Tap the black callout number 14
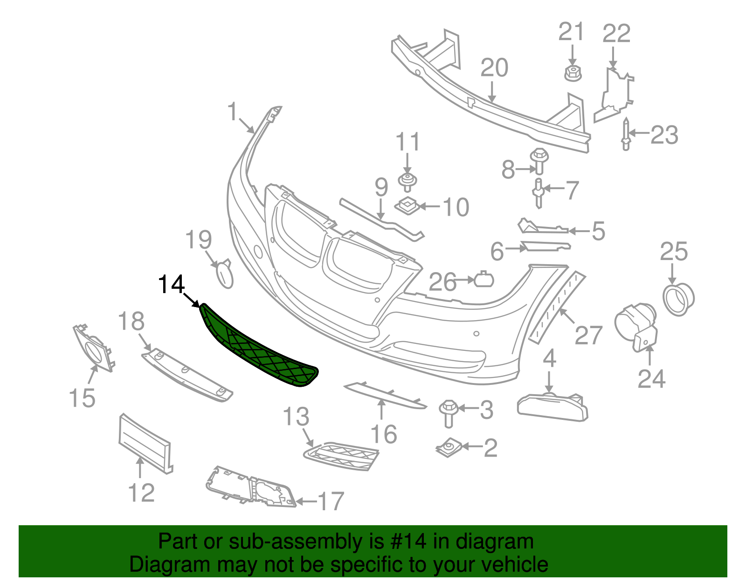click(x=172, y=284)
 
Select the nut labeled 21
click(x=573, y=74)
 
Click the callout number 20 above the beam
click(x=494, y=68)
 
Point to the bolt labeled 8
click(x=539, y=161)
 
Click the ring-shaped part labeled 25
click(x=678, y=298)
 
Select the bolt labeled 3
click(x=448, y=411)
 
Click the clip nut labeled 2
click(x=449, y=448)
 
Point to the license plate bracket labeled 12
click(x=145, y=443)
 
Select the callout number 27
click(x=588, y=335)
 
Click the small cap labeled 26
click(x=484, y=280)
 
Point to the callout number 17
click(x=331, y=501)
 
